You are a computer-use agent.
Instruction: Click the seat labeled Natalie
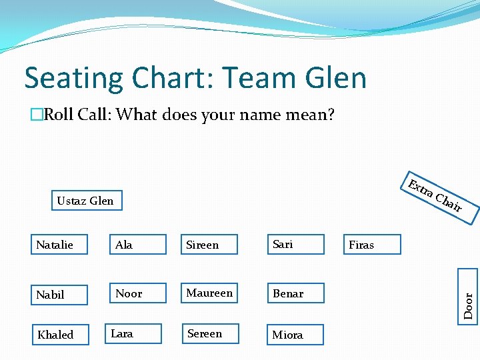[59, 245]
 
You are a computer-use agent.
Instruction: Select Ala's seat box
[138, 245]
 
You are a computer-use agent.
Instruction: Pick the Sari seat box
[295, 244]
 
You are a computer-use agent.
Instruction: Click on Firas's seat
[372, 245]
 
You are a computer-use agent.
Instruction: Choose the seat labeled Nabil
[59, 294]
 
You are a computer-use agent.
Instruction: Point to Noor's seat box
[138, 293]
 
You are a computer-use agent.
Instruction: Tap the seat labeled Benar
[295, 293]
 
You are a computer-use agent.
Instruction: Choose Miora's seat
[295, 335]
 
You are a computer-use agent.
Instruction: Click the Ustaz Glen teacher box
[87, 201]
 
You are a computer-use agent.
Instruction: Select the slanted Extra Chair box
[437, 197]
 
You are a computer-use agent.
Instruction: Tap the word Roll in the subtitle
[59, 115]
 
